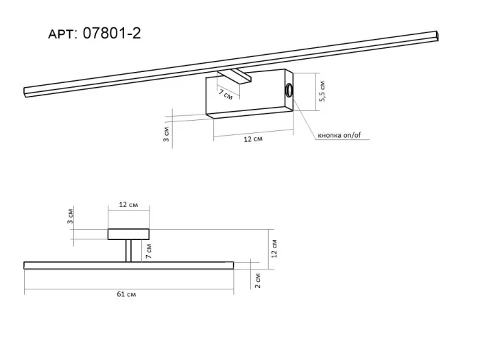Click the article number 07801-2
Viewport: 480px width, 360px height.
pos(111,33)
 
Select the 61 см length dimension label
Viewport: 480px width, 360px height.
pos(125,294)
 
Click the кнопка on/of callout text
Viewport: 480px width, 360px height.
pos(339,135)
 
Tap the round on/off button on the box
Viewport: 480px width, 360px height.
pos(289,90)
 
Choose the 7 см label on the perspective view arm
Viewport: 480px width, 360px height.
pos(226,95)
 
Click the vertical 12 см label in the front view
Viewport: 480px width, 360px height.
pos(274,248)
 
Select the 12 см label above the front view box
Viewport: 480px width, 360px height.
pos(128,205)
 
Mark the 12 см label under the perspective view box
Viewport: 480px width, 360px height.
pos(254,139)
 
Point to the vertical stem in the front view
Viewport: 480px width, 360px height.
pos(128,250)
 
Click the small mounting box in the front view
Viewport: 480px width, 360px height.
pos(128,234)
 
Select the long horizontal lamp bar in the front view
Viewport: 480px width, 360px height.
pos(128,265)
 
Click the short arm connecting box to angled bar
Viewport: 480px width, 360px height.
pos(235,75)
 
